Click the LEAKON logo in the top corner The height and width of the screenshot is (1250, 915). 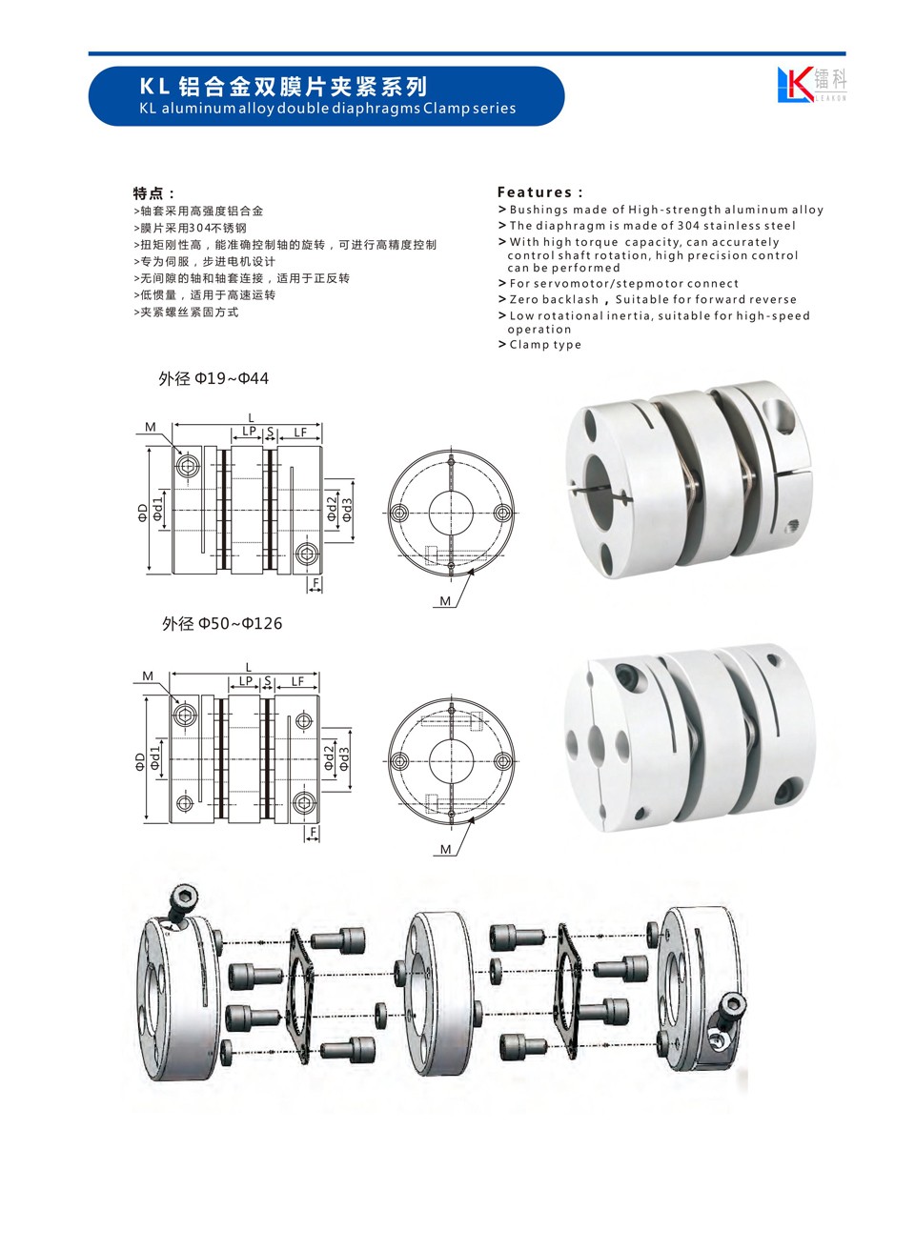click(x=811, y=84)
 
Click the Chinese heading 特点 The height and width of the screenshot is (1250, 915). click(x=149, y=193)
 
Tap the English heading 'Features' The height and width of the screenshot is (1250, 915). click(x=535, y=192)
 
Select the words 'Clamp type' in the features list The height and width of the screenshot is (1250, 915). click(x=545, y=344)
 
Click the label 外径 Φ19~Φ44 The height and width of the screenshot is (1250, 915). click(x=213, y=378)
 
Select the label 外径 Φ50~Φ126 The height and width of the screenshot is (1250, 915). click(x=222, y=623)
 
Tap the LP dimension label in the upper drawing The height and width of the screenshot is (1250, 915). click(x=249, y=431)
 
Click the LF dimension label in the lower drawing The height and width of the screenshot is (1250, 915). click(x=297, y=681)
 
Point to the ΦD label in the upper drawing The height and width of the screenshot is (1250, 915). click(x=143, y=513)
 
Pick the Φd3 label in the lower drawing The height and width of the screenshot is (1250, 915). click(x=344, y=758)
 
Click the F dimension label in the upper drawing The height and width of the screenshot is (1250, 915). click(x=315, y=583)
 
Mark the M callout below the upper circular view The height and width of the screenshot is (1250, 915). click(x=445, y=601)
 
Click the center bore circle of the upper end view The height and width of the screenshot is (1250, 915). click(x=451, y=513)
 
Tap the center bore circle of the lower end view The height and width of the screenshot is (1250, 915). click(x=451, y=761)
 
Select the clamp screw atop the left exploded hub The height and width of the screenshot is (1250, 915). click(x=181, y=904)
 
